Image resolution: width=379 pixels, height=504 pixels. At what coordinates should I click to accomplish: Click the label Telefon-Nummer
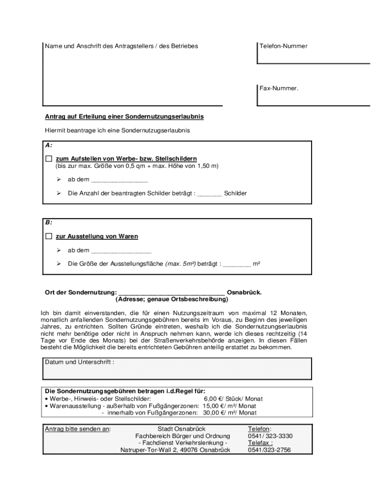[283, 46]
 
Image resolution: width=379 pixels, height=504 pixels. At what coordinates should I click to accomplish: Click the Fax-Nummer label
[279, 89]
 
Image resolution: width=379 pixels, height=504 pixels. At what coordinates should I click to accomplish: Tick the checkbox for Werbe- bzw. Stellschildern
[48, 159]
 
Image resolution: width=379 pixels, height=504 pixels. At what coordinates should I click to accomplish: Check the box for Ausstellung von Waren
[48, 237]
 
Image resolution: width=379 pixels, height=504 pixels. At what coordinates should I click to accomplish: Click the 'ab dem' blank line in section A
[120, 180]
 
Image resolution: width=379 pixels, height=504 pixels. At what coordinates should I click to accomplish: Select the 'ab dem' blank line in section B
[122, 251]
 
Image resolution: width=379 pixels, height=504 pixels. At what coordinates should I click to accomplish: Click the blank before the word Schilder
[210, 194]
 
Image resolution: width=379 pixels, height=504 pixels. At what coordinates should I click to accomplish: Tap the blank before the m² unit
[237, 265]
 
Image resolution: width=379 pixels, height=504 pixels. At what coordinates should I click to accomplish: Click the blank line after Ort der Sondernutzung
[172, 293]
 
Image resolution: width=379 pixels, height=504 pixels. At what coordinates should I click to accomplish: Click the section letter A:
[49, 146]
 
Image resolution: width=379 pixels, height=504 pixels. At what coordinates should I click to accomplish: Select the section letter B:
[49, 222]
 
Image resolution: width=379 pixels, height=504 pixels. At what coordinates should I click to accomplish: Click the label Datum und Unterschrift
[80, 362]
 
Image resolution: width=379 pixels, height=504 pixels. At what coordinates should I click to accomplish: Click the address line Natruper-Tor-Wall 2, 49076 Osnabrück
[175, 450]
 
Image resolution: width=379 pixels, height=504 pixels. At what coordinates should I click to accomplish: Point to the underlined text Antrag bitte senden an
[78, 429]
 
